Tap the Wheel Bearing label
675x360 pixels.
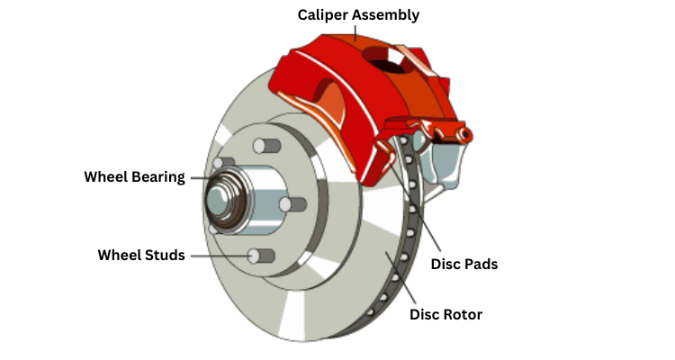[134, 176]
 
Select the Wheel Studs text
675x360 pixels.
[141, 256]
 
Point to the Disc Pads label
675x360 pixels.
[464, 265]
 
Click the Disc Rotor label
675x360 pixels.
[445, 314]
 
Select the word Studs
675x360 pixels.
[165, 256]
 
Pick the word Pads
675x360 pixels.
[481, 265]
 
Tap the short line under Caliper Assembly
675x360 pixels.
[355, 32]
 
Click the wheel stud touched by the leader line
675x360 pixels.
[261, 256]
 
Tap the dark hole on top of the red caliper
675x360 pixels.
[384, 64]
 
